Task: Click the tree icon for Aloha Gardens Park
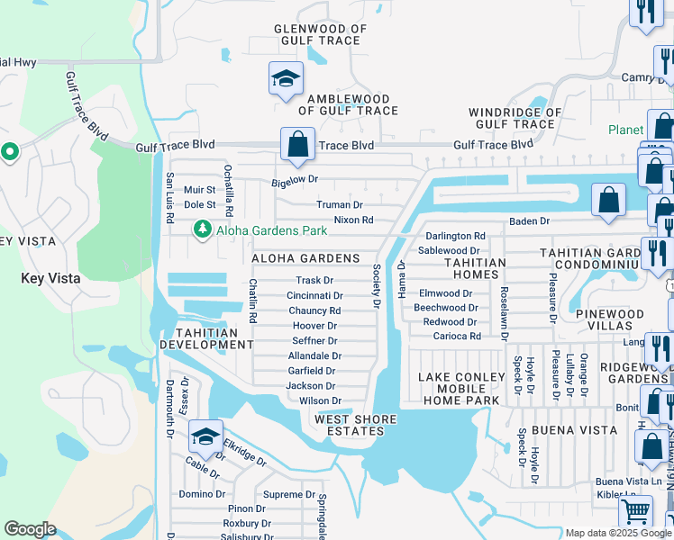point(202,231)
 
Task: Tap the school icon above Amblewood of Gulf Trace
point(286,78)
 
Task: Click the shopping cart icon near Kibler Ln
point(636,512)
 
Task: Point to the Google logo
point(30,529)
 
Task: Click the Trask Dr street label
point(314,281)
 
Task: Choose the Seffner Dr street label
point(314,341)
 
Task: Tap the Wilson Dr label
point(320,401)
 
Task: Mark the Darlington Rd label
point(455,236)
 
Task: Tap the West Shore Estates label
point(349,425)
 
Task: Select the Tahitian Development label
point(199,338)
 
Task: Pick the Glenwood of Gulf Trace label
point(321,34)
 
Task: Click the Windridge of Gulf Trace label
point(515,119)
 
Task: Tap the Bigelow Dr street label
point(296,180)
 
